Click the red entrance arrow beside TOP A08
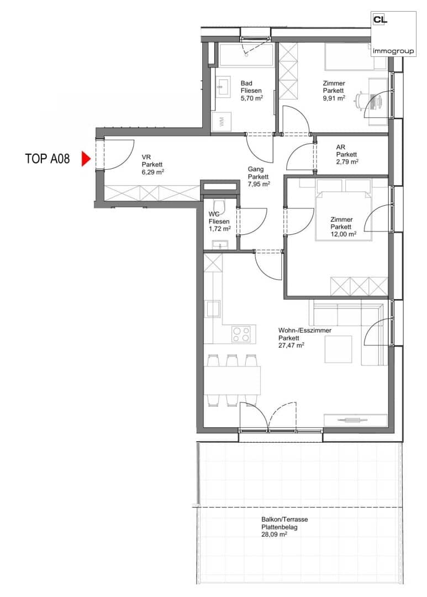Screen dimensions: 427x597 click(x=86, y=159)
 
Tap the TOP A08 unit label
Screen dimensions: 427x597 click(x=48, y=159)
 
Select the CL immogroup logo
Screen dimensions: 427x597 click(x=393, y=34)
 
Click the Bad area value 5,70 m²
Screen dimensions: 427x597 click(x=251, y=98)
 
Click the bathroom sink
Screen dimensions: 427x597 click(x=223, y=86)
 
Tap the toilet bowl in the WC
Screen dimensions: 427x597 click(x=220, y=207)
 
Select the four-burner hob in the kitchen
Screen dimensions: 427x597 click(x=241, y=334)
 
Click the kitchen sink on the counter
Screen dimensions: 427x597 click(x=212, y=308)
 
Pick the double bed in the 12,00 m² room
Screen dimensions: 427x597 click(x=343, y=210)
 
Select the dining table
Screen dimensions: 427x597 click(x=232, y=380)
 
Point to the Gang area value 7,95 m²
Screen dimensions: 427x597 click(x=259, y=184)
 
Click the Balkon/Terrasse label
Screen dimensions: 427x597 click(x=284, y=519)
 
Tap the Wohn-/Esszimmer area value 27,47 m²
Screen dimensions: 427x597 click(x=291, y=345)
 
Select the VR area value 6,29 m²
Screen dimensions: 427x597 click(x=152, y=172)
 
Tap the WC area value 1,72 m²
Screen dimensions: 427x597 click(x=220, y=229)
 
